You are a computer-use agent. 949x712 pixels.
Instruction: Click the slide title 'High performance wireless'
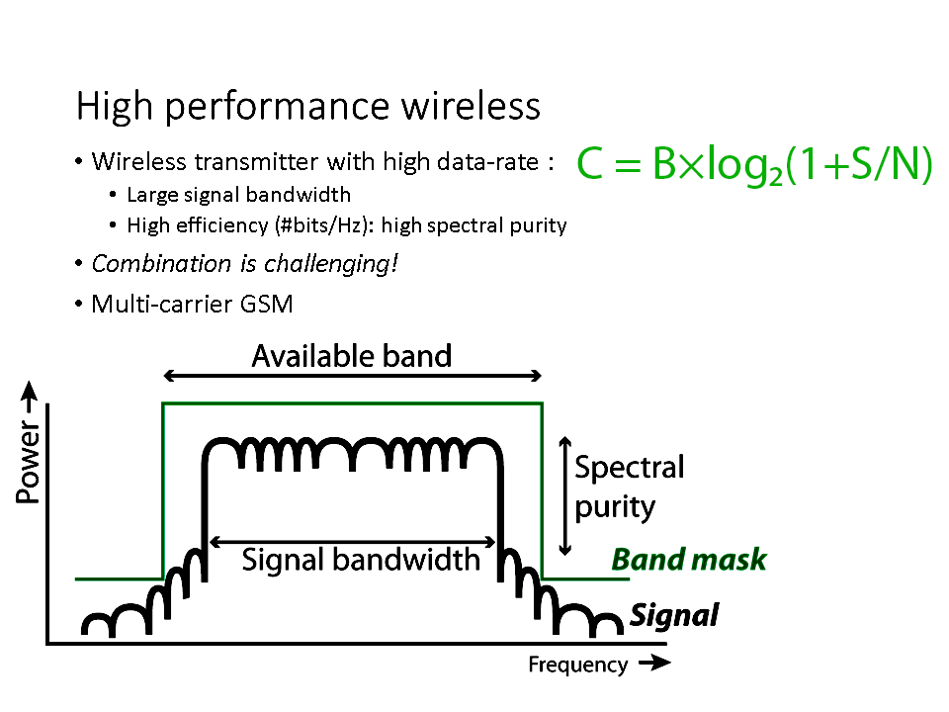[x=308, y=107]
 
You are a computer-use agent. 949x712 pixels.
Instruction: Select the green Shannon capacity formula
[x=754, y=166]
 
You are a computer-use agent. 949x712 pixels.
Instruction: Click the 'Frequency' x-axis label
[x=577, y=665]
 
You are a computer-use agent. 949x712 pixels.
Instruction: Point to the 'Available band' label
[x=352, y=356]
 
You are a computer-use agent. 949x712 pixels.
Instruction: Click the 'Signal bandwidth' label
[x=361, y=560]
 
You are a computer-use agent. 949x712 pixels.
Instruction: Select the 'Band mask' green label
[x=689, y=560]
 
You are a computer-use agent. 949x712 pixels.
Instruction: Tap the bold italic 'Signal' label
[x=674, y=616]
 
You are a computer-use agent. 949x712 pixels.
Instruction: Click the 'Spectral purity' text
[x=629, y=487]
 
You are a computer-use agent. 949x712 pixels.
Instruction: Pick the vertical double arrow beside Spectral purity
[x=564, y=495]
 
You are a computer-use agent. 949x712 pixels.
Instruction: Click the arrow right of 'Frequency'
[x=653, y=665]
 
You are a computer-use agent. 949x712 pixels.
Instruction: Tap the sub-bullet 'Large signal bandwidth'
[x=238, y=195]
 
